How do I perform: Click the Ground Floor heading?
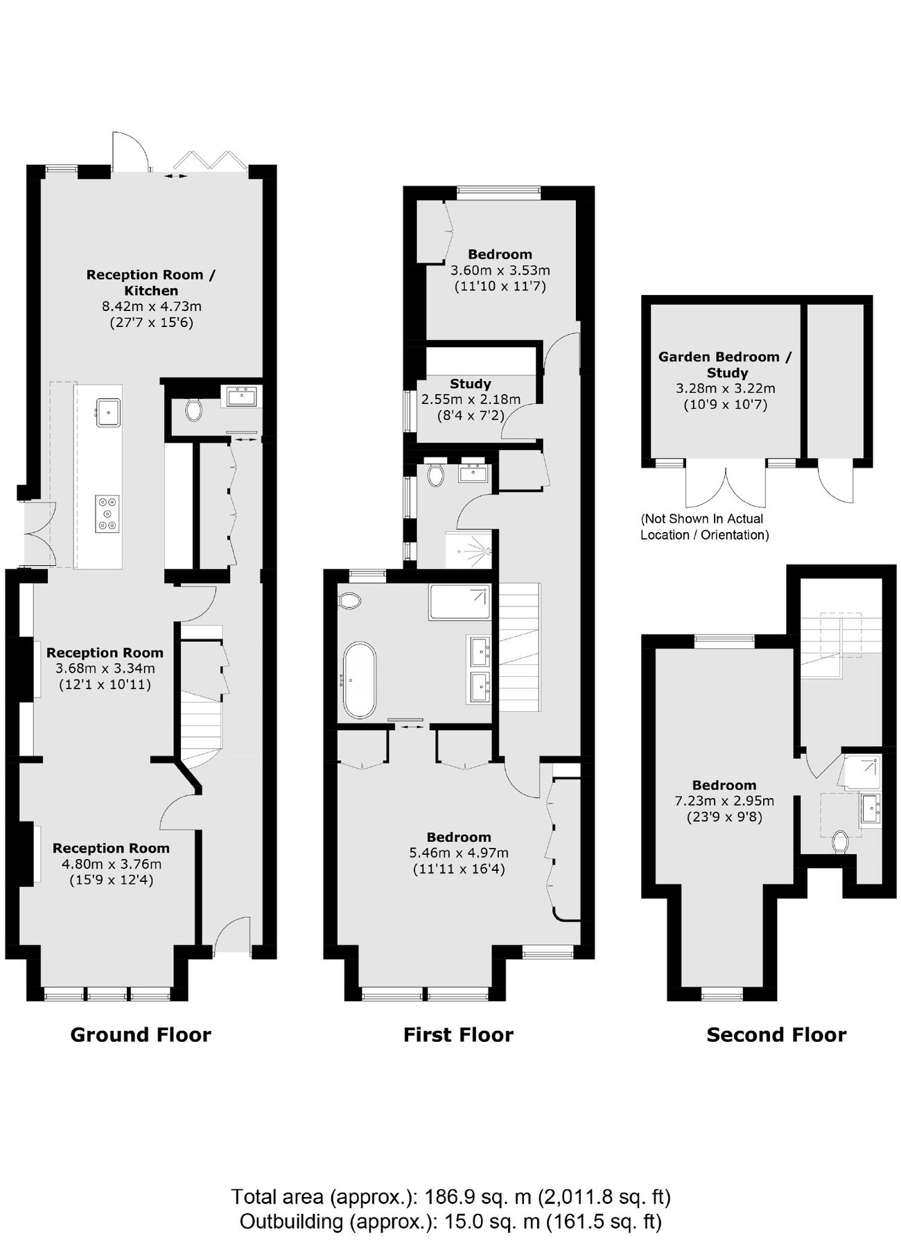click(141, 1034)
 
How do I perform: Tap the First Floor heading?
click(458, 1034)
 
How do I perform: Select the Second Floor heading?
click(776, 1034)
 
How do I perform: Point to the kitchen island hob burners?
click(107, 513)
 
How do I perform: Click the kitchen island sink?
click(108, 412)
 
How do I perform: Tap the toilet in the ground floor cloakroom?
click(194, 410)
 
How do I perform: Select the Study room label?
click(470, 384)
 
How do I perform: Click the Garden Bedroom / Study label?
click(724, 364)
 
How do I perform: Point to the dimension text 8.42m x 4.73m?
click(152, 306)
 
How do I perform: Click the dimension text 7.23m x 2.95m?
click(724, 801)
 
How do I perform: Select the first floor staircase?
click(519, 648)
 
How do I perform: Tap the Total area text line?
click(450, 1196)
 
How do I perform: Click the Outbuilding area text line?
click(450, 1221)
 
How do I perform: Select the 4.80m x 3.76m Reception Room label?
click(111, 848)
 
